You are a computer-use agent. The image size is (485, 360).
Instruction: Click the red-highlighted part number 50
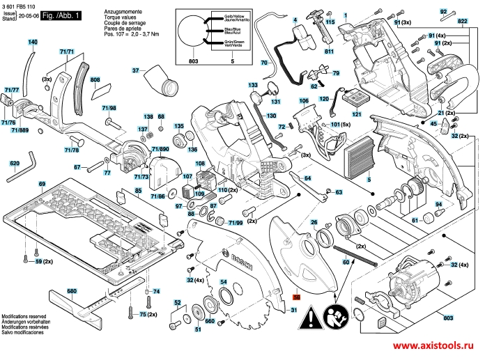(x=295, y=295)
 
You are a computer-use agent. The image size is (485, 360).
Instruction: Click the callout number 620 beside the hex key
(x=15, y=164)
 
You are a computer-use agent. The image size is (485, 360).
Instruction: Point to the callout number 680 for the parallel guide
(x=72, y=290)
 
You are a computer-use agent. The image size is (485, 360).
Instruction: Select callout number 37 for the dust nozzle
(x=137, y=70)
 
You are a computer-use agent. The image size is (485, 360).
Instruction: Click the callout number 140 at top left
(x=33, y=42)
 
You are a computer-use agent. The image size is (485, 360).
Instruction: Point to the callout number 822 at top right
(x=462, y=22)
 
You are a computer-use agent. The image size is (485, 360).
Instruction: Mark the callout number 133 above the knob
(x=255, y=84)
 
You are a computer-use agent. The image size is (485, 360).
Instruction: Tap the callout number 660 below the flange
(x=209, y=321)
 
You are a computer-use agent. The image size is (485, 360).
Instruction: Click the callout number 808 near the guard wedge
(x=95, y=80)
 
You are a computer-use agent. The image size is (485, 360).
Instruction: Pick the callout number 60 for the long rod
(x=345, y=262)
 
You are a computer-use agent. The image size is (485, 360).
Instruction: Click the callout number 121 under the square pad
(x=357, y=114)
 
